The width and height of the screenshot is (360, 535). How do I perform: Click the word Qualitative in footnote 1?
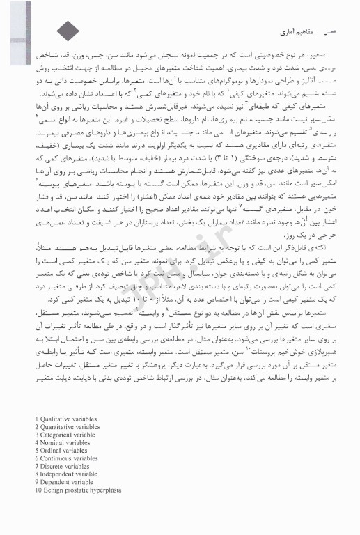click(x=55, y=419)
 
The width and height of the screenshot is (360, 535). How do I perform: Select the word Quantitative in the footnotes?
click(x=57, y=427)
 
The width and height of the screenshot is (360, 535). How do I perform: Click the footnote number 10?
click(x=38, y=489)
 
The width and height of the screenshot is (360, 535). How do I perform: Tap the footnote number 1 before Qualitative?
click(x=36, y=419)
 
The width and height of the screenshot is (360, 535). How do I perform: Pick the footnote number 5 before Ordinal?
click(x=36, y=450)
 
